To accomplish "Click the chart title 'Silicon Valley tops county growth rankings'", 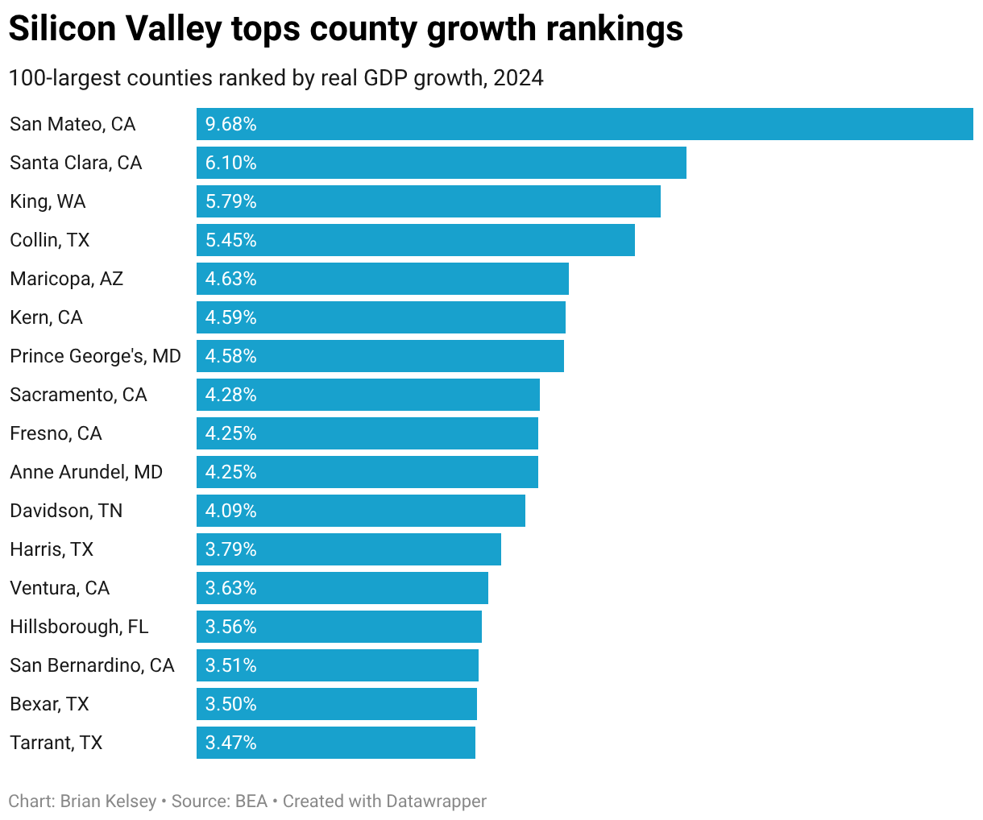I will tap(345, 30).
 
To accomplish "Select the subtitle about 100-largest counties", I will tap(276, 78).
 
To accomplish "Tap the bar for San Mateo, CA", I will tap(584, 124).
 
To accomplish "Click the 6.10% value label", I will tap(230, 163).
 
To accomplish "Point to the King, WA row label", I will tap(48, 201).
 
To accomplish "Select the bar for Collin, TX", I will tap(415, 240).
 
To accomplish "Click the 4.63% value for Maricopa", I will tap(230, 279).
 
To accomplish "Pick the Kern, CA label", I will tap(46, 317).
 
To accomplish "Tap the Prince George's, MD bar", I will tap(380, 356).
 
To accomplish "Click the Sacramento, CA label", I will tap(78, 395).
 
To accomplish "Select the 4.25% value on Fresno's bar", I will tap(230, 433).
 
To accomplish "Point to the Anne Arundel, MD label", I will tap(86, 472).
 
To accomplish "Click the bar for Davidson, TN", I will tap(360, 511).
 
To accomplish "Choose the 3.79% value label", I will tap(230, 549).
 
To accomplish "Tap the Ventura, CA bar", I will tap(342, 588).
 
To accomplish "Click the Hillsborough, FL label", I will tap(79, 627).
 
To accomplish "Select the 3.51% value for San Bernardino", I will tap(230, 665).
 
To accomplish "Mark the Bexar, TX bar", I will tap(336, 704).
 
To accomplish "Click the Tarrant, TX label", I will tap(56, 743).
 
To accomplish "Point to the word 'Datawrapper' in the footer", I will tap(436, 801).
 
